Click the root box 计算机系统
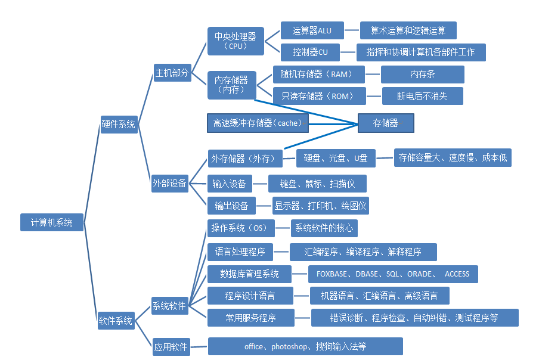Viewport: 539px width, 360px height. pyautogui.click(x=52, y=222)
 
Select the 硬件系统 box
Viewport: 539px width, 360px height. pyautogui.click(x=119, y=124)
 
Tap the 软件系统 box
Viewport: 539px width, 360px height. pyautogui.click(x=116, y=320)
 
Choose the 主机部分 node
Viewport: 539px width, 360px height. pyautogui.click(x=172, y=73)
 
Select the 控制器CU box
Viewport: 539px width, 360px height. pyautogui.click(x=310, y=52)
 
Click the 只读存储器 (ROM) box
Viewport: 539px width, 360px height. pyautogui.click(x=317, y=96)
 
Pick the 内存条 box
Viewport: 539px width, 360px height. pyautogui.click(x=422, y=75)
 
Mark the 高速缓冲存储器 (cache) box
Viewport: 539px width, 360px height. pyautogui.click(x=258, y=123)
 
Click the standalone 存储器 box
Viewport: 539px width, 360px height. pyautogui.click(x=385, y=123)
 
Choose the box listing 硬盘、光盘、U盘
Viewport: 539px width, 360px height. pyautogui.click(x=335, y=158)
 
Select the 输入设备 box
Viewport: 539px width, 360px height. pyautogui.click(x=230, y=183)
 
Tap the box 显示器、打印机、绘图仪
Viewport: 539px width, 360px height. pyautogui.click(x=320, y=206)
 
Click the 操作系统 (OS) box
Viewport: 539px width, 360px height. pyautogui.click(x=240, y=228)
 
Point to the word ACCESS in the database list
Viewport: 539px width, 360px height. pyautogui.click(x=457, y=274)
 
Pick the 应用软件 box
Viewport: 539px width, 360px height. pyautogui.click(x=171, y=346)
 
